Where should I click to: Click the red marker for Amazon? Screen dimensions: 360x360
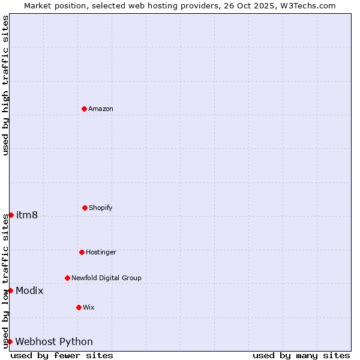[x=84, y=109]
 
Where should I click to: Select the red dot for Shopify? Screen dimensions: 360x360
[x=85, y=208]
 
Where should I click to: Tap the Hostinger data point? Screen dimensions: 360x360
[x=82, y=252]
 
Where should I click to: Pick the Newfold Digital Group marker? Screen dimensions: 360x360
[x=67, y=278]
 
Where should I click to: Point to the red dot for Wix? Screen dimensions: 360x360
[x=79, y=307]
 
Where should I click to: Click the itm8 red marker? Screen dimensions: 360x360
[x=11, y=215]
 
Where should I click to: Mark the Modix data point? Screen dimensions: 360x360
[x=10, y=290]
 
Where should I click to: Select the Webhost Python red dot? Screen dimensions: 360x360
[x=10, y=341]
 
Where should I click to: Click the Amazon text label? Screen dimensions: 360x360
[x=101, y=109]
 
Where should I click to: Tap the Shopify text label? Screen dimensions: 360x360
[x=101, y=208]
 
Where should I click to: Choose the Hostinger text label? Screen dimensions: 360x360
[x=101, y=252]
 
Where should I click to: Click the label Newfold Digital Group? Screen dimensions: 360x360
[x=106, y=278]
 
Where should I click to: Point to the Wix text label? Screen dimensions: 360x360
[x=88, y=307]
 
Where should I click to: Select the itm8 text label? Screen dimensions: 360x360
[x=27, y=215]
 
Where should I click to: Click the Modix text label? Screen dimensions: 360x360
[x=29, y=291]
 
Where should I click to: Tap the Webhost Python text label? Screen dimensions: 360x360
[x=54, y=342]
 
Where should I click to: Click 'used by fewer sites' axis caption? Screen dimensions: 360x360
[x=62, y=355]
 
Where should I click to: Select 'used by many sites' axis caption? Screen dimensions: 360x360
[x=301, y=355]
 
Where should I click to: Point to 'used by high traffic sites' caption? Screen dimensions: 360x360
[x=5, y=85]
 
